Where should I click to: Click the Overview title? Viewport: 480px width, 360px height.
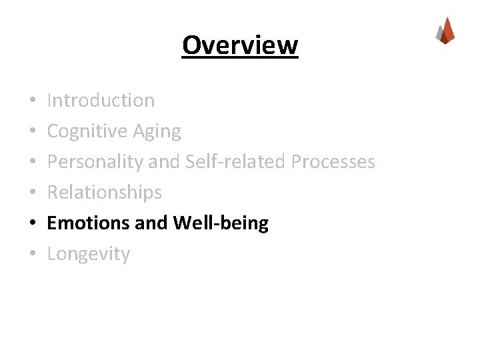(240, 45)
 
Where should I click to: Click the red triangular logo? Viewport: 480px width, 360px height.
(445, 31)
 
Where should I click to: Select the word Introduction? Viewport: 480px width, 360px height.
(101, 101)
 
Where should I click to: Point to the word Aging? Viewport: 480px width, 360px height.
(158, 132)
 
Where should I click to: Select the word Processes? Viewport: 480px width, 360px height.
(335, 162)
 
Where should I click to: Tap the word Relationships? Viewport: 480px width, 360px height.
(105, 193)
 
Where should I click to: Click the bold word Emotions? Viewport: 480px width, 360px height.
(88, 223)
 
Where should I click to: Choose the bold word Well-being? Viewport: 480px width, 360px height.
(221, 223)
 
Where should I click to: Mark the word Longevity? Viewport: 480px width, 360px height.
(89, 254)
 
